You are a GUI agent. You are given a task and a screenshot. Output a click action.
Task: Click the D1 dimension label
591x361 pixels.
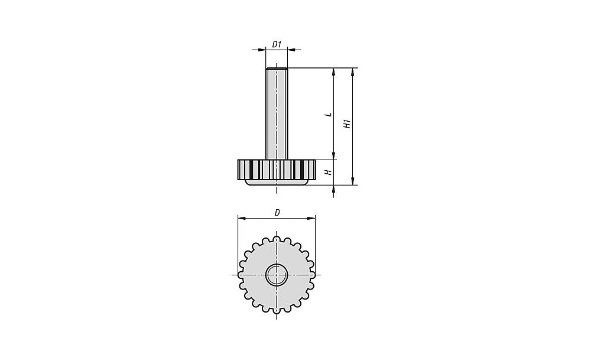coord(277,44)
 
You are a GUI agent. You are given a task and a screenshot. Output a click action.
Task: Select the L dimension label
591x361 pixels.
coord(329,114)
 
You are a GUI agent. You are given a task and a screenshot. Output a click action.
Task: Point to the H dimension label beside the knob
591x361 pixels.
coord(329,172)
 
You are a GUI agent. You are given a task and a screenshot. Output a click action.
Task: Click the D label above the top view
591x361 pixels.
coord(277,213)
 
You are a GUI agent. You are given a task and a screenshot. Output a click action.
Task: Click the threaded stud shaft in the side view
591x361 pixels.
coord(277,113)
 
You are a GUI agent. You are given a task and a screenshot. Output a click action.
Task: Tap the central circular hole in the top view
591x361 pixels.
coord(277,275)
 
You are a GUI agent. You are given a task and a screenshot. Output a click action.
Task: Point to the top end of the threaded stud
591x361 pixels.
coord(277,68)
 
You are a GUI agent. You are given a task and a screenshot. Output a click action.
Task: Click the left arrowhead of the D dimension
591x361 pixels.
coord(242,218)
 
